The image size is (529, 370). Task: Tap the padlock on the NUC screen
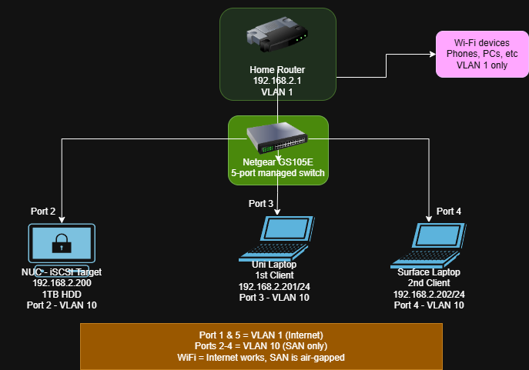(62, 245)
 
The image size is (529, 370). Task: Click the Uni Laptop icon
(277, 238)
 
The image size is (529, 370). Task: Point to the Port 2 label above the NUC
(42, 211)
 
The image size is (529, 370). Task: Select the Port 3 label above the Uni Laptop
(261, 204)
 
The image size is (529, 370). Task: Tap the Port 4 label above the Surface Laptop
(450, 211)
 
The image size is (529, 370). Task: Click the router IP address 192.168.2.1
(277, 81)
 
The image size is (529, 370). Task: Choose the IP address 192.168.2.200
(62, 283)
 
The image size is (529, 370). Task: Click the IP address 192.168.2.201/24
(274, 286)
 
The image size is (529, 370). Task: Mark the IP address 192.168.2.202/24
(428, 294)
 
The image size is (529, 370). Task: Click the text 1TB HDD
(62, 294)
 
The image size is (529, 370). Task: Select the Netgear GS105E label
(277, 162)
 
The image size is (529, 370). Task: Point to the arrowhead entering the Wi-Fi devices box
(432, 55)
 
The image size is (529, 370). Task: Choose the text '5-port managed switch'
(277, 173)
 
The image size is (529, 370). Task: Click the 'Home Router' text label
(277, 70)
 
